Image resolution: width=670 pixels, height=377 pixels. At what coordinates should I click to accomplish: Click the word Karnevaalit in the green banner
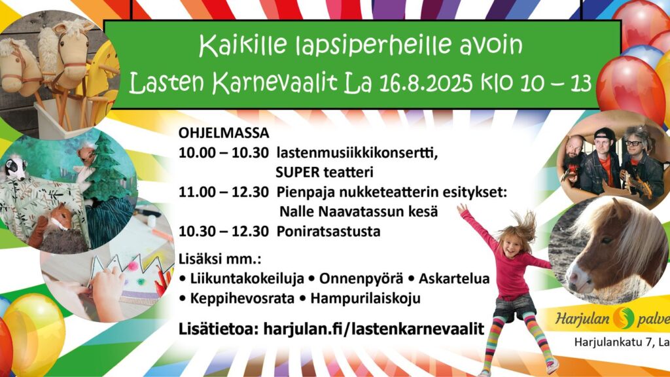point(275,82)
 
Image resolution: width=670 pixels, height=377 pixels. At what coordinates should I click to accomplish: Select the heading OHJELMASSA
point(224,133)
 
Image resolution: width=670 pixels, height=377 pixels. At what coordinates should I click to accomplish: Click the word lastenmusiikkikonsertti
point(357,153)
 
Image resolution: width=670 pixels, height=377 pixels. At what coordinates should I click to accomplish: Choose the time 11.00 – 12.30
point(224,192)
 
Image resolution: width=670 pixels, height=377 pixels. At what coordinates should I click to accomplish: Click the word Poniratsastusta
point(328,231)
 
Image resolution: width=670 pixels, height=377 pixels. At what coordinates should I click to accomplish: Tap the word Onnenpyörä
point(361,278)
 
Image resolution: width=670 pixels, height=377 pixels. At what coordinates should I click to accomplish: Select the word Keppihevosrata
point(242,298)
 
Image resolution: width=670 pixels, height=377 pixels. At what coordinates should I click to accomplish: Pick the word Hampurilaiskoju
point(365,298)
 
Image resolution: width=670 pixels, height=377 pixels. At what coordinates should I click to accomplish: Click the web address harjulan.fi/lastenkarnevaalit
point(374,329)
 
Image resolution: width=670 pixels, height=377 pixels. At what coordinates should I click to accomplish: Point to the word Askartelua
point(454,278)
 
